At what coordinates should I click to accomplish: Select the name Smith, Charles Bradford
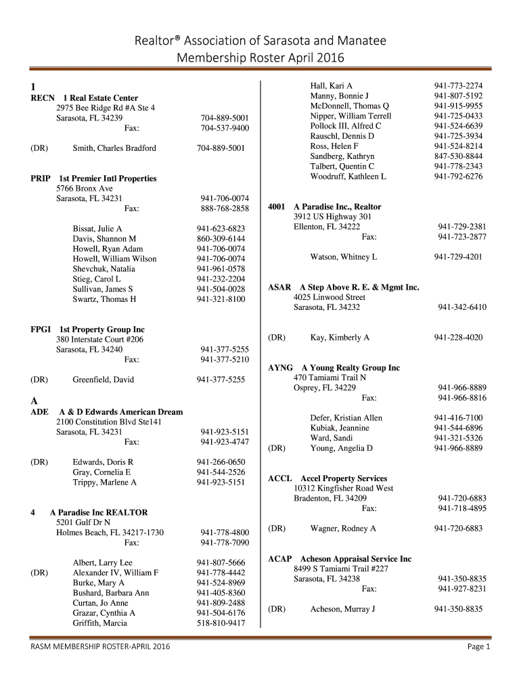[114, 148]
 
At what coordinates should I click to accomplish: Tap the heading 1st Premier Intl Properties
[108, 179]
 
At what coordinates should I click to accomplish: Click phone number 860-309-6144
[221, 239]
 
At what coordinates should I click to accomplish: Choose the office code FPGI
[41, 330]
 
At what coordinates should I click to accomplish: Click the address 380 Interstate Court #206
[99, 339]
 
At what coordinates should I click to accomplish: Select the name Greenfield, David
[104, 380]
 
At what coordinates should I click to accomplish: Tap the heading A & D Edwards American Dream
[121, 411]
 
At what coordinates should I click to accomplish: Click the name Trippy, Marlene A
[105, 483]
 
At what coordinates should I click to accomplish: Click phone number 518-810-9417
[221, 623]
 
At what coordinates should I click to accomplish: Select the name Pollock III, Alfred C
[346, 126]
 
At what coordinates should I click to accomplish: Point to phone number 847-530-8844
[458, 156]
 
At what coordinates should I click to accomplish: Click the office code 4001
[278, 206]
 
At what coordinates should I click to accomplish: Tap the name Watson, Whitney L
[344, 257]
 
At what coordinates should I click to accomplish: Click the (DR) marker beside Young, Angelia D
[277, 448]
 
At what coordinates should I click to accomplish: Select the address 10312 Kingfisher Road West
[344, 488]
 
